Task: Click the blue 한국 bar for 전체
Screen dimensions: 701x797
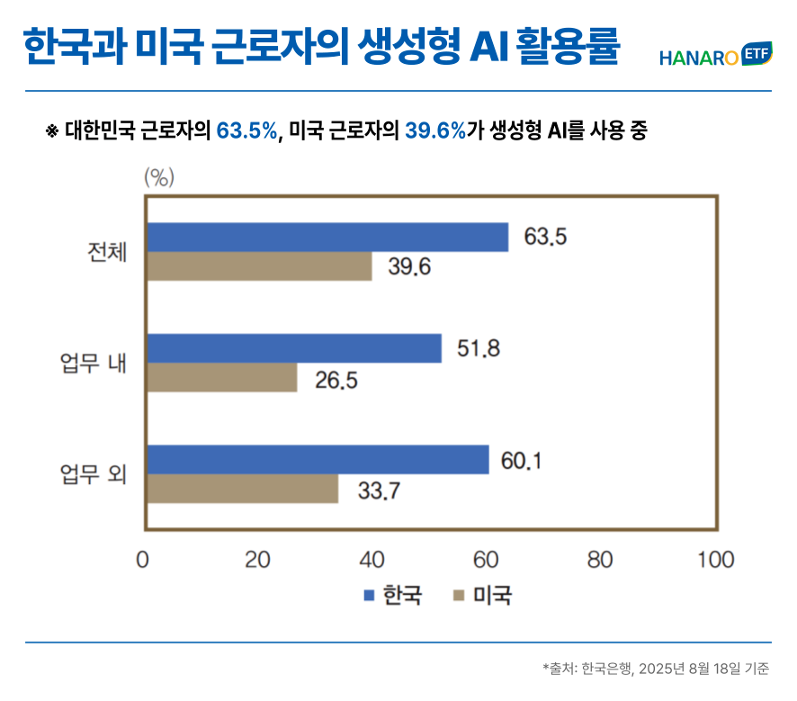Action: point(327,237)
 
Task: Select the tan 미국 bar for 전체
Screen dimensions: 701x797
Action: point(258,266)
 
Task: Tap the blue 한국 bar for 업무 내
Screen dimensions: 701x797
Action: point(293,348)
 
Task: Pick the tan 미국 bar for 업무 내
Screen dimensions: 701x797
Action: point(220,378)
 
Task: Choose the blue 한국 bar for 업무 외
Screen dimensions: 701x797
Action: point(317,459)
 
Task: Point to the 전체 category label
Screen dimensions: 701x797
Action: point(106,252)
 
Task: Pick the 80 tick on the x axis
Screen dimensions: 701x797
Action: point(599,560)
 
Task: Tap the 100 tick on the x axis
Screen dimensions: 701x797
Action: point(714,560)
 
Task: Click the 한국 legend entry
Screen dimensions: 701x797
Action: point(392,595)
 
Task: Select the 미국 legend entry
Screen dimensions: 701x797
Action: point(482,595)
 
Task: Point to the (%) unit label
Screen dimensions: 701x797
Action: point(158,177)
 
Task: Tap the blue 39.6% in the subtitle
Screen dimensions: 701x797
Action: point(435,131)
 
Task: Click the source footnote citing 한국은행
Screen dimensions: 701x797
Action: point(656,669)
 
